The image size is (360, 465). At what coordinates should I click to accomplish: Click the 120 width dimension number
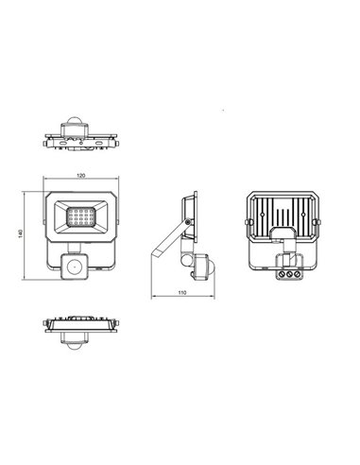click(81, 176)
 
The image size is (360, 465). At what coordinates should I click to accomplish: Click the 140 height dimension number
click(21, 233)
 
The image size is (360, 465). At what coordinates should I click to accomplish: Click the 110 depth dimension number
click(182, 292)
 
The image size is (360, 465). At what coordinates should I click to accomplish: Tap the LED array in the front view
click(81, 216)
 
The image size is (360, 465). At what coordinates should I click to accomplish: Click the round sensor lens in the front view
click(75, 267)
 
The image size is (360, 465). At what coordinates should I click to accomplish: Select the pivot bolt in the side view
click(188, 222)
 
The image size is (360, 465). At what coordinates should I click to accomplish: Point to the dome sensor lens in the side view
click(212, 267)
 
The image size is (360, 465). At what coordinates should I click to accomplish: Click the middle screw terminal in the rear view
click(289, 274)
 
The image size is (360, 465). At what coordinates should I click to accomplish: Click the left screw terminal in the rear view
click(282, 274)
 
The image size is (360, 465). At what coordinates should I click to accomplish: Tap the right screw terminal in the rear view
click(296, 274)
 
